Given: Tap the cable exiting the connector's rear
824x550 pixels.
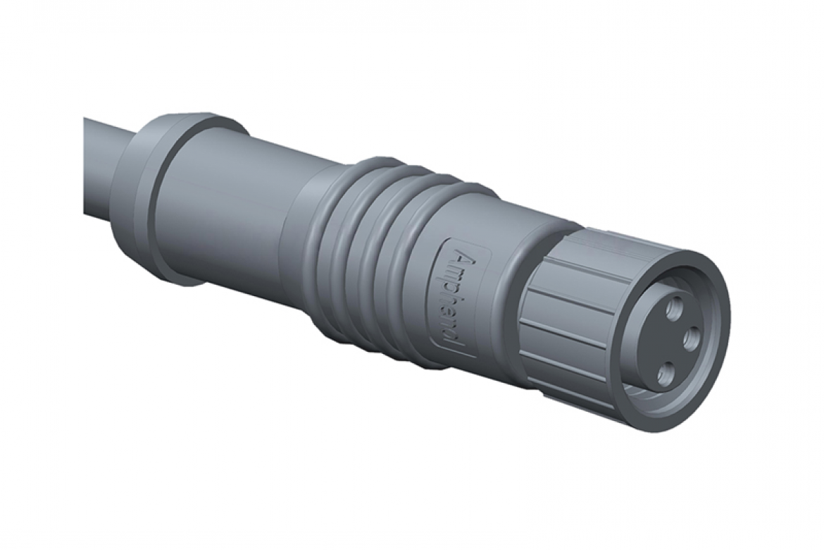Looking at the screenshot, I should click(99, 169).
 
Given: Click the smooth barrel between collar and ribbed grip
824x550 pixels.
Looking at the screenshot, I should click(232, 212).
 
